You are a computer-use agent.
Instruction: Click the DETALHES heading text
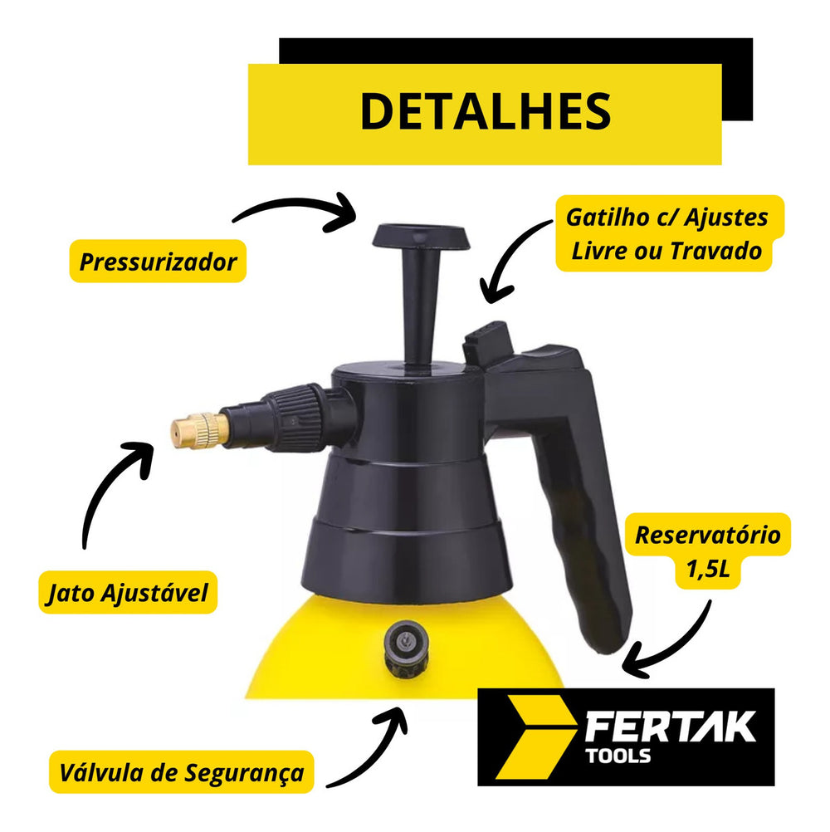[x=486, y=111]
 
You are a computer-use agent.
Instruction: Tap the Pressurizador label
[x=158, y=262]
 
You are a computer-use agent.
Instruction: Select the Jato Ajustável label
[x=128, y=593]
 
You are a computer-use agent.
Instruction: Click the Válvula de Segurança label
[x=182, y=772]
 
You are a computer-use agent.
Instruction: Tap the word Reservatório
[x=707, y=535]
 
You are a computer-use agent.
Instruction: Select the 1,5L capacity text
[x=708, y=570]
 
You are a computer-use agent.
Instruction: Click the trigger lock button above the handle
[x=487, y=343]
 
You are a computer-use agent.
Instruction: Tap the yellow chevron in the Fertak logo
[x=535, y=737]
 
